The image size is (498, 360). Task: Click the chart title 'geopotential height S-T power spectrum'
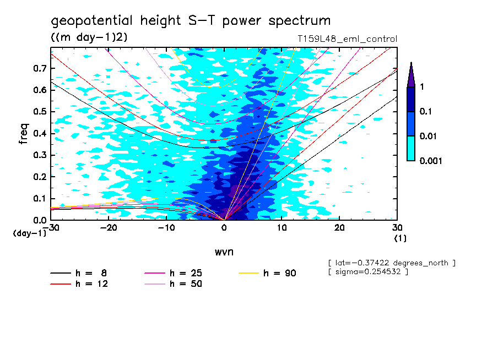(x=191, y=21)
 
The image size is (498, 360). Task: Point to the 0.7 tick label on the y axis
(x=39, y=68)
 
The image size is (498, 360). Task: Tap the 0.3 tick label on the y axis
(x=39, y=155)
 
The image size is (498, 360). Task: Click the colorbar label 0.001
(x=431, y=160)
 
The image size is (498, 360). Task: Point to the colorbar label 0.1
(x=427, y=112)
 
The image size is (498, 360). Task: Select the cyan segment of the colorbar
(x=410, y=148)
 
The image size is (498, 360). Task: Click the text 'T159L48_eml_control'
(x=347, y=39)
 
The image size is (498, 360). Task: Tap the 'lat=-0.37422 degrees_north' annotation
(x=391, y=263)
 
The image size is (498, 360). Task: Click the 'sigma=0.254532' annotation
(x=368, y=272)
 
